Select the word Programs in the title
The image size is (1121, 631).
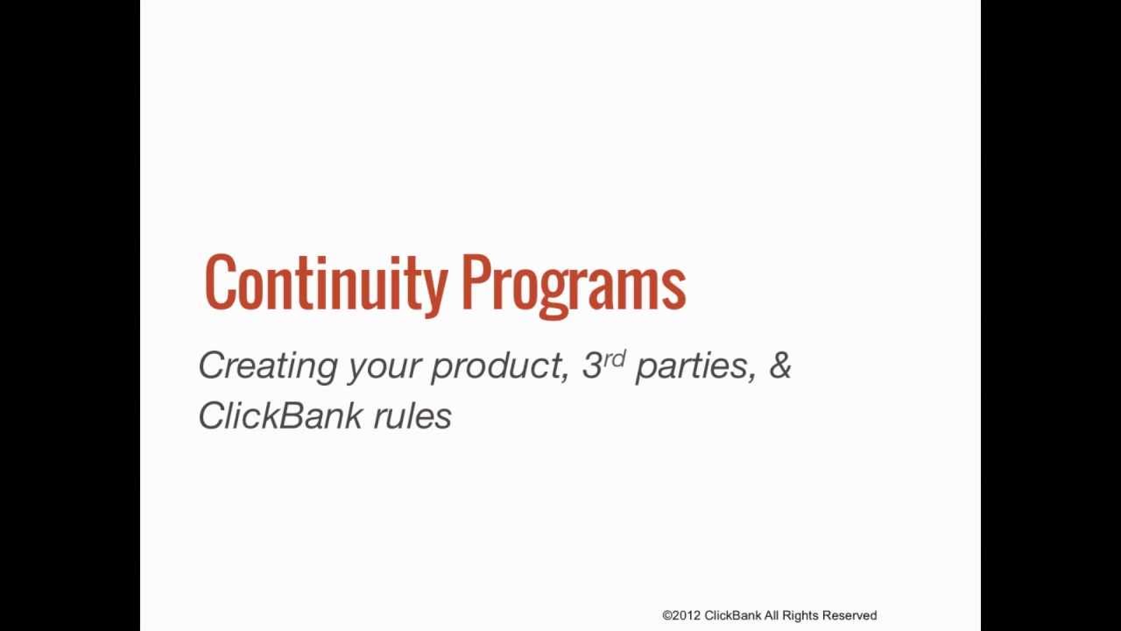574,286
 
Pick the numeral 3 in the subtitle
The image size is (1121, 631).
591,365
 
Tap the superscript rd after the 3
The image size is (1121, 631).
614,358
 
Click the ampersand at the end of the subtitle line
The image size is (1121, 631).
779,365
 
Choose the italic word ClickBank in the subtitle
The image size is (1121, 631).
279,415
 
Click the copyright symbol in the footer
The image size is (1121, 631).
667,615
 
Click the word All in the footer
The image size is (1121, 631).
772,615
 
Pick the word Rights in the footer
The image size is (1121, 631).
800,616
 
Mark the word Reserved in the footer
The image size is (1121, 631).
850,615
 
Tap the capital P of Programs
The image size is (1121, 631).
476,281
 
